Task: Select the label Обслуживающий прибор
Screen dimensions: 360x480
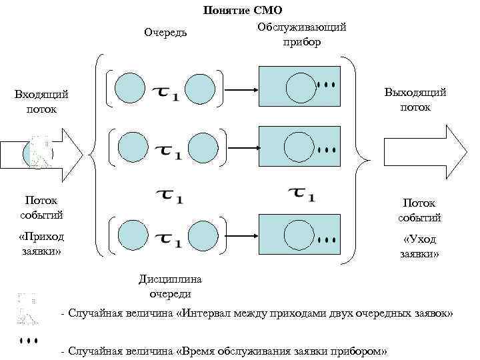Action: coord(301,34)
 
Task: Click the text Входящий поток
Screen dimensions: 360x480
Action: coord(41,102)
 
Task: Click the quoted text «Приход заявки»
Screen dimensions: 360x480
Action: coord(41,244)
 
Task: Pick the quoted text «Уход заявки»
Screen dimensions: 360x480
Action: coord(419,247)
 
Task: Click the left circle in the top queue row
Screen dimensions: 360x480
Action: coord(130,88)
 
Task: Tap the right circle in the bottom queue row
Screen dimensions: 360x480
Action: coord(201,234)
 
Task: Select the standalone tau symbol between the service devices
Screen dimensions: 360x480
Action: coord(302,195)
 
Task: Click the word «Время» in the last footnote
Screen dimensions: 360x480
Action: coord(200,351)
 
